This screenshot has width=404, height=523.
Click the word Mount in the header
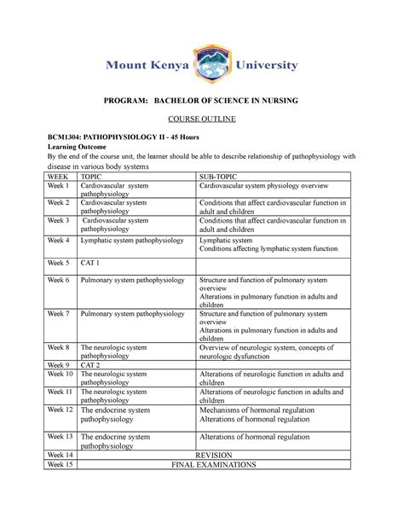(x=130, y=65)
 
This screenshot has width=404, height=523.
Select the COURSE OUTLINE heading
(x=201, y=117)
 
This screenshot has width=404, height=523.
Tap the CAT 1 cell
(x=90, y=263)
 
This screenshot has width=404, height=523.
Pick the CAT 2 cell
(x=90, y=364)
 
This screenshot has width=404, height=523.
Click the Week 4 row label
(x=58, y=241)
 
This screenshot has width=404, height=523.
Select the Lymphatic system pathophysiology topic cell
(x=131, y=241)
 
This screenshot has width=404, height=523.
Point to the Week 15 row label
(x=61, y=466)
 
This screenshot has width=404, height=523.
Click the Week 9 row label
(x=58, y=364)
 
